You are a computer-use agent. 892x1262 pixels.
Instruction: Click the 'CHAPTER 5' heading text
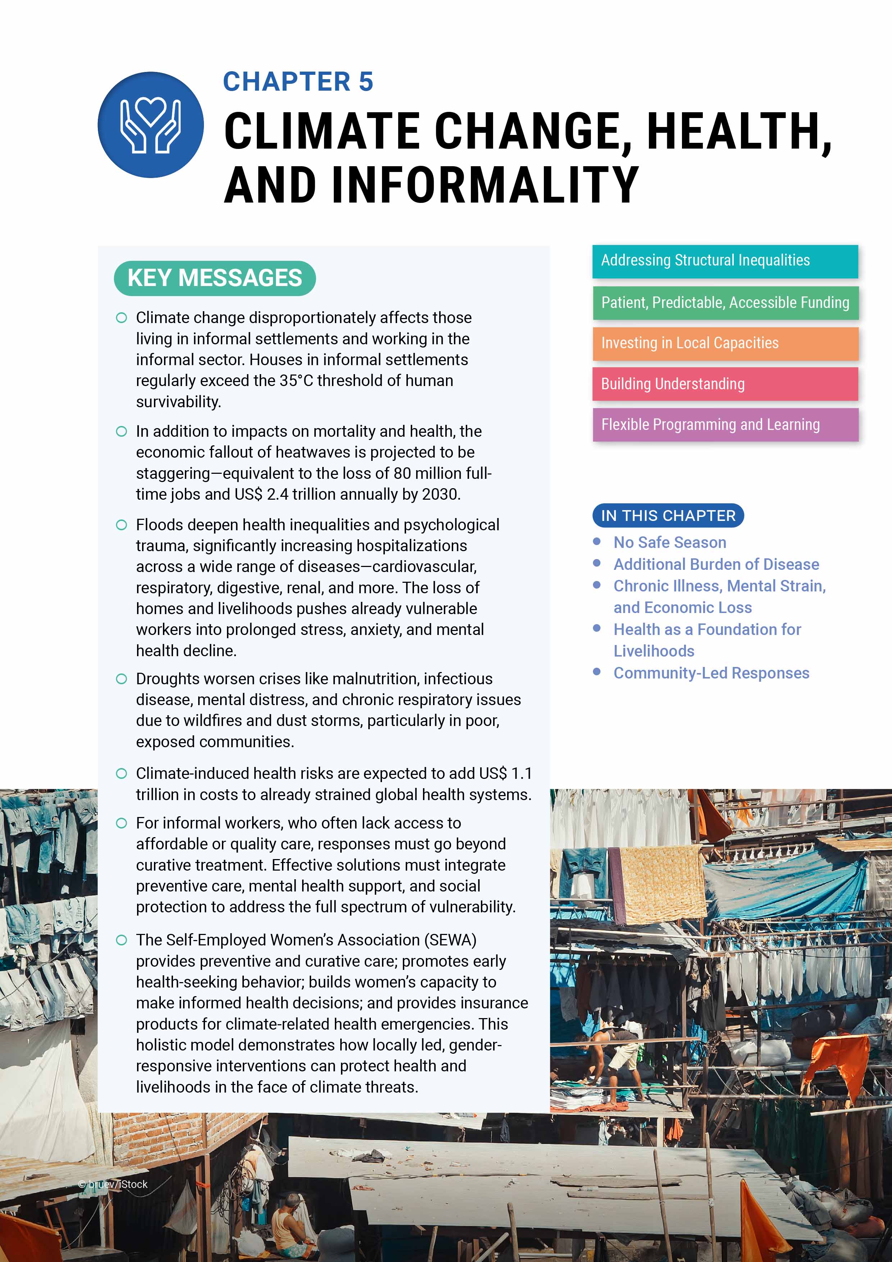pyautogui.click(x=298, y=82)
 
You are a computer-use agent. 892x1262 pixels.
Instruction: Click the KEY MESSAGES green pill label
pyautogui.click(x=214, y=278)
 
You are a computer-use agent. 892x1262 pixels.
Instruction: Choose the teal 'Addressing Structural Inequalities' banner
pyautogui.click(x=724, y=261)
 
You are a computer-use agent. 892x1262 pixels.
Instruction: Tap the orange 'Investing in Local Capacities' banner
pyautogui.click(x=724, y=344)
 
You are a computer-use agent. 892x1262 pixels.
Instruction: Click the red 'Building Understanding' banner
pyautogui.click(x=724, y=384)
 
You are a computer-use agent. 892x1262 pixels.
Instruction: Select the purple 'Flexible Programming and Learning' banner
pyautogui.click(x=724, y=425)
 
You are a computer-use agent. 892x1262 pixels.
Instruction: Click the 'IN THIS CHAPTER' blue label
pyautogui.click(x=668, y=516)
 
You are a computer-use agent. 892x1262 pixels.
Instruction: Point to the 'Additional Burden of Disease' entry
pyautogui.click(x=716, y=564)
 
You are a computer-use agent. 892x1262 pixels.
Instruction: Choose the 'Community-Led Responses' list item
pyautogui.click(x=711, y=673)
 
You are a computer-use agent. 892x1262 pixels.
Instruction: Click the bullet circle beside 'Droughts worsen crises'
pyautogui.click(x=122, y=679)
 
